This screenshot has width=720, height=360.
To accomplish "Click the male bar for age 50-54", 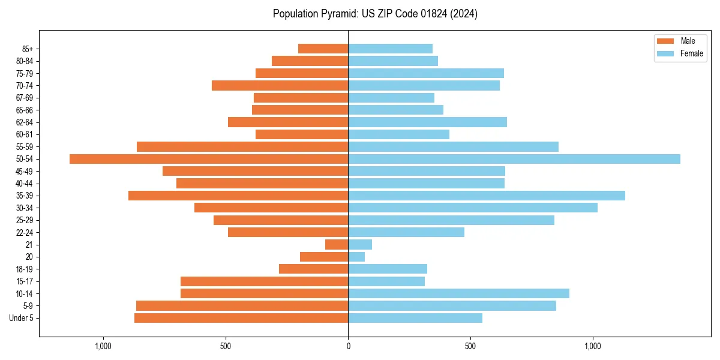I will coord(209,159).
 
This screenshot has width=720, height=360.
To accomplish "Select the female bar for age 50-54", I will coord(514,159).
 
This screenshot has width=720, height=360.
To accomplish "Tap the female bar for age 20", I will coord(356,257).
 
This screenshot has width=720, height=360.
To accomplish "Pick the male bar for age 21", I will coord(337,245).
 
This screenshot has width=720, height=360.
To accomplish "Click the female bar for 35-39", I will coord(487,196).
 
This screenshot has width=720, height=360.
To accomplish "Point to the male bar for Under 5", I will coord(241,318).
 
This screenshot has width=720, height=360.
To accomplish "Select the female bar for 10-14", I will coord(458,293).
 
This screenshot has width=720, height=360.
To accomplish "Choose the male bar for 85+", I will coord(323,49).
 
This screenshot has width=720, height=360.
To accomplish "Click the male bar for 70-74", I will coord(280,86).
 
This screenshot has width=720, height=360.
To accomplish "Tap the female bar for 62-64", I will coord(427,122).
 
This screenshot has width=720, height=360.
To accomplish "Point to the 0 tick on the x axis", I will coord(348,346).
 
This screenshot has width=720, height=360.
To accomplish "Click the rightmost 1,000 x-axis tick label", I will coord(593,346).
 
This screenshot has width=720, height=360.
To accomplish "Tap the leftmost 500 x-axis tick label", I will coord(226,346).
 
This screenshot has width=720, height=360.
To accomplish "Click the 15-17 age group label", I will coord(25,281).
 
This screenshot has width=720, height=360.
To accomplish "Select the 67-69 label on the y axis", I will coord(25,98).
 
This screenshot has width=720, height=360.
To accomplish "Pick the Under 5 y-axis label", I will coord(21,318).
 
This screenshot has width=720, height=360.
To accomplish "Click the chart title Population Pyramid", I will coord(375,14).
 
